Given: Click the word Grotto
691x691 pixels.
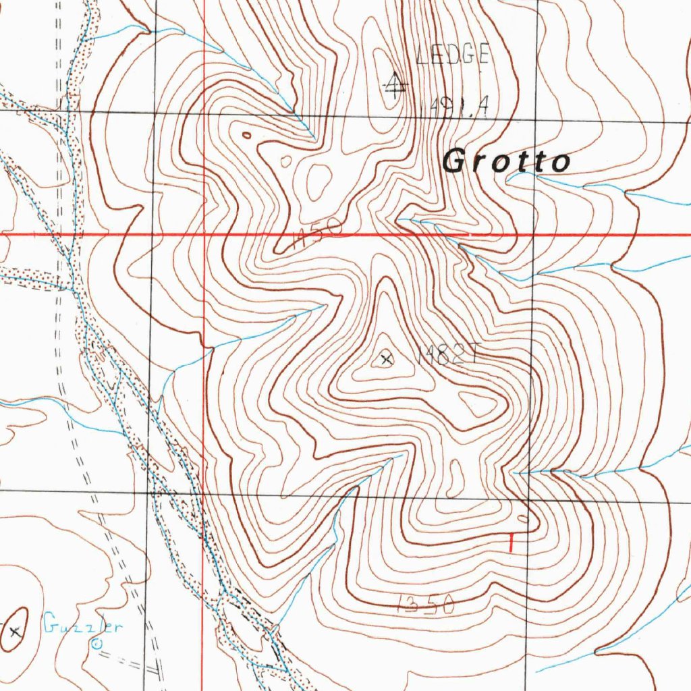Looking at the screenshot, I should [506, 162].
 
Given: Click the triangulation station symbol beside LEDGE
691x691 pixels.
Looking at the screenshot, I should [393, 84].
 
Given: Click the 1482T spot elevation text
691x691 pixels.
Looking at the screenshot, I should [447, 357].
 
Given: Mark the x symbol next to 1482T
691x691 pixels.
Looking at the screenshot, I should [386, 359].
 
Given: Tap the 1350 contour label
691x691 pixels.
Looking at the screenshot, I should [425, 604].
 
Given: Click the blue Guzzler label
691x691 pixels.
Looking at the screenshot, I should [83, 627].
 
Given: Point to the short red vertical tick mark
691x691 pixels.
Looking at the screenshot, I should [511, 543].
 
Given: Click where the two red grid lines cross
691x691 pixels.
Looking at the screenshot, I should [204, 235].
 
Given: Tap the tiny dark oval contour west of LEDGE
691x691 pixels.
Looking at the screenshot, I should [246, 136].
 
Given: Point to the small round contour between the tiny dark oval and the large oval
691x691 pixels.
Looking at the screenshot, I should [286, 161].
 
